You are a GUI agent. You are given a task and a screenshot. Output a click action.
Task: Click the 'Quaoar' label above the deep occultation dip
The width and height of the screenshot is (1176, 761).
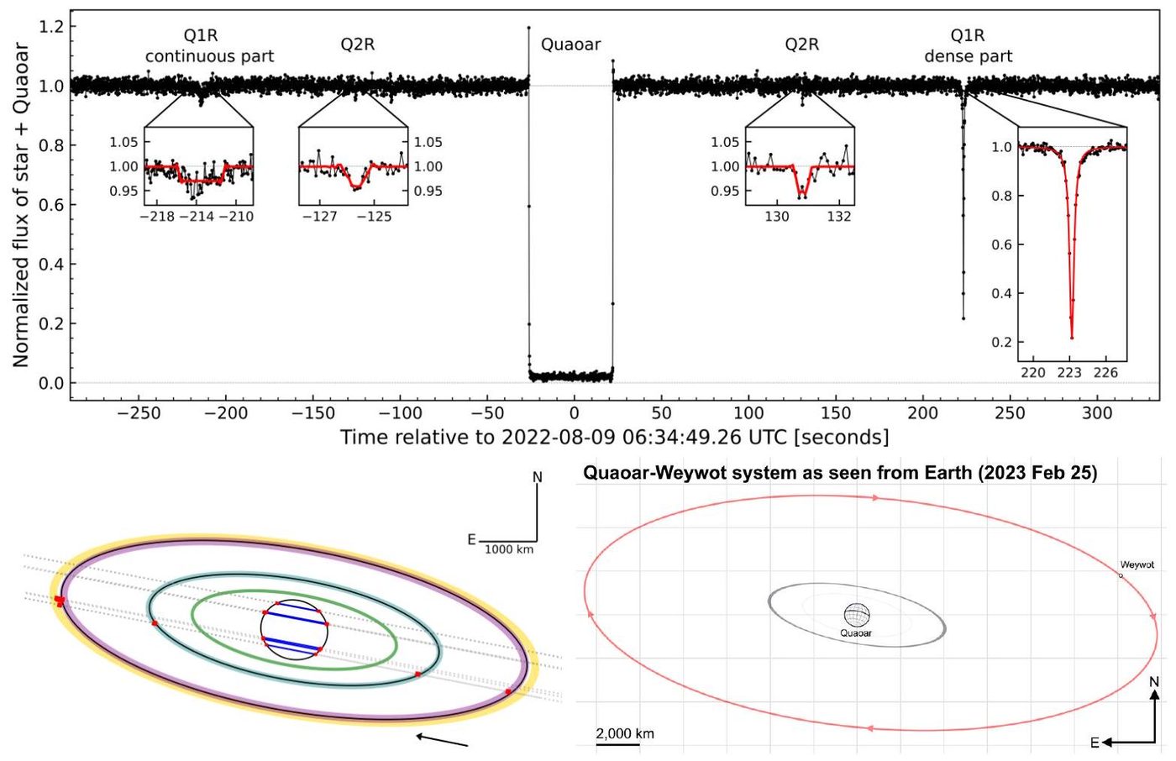tap(570, 45)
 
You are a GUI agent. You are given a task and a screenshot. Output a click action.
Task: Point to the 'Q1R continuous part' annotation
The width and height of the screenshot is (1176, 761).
tap(209, 46)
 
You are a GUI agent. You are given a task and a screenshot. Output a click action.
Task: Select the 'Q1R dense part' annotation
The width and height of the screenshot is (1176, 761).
tap(968, 46)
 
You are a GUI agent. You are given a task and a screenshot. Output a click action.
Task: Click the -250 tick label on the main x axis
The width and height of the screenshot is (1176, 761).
tap(139, 413)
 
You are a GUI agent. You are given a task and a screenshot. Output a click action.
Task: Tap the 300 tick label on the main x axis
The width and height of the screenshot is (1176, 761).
tap(1097, 413)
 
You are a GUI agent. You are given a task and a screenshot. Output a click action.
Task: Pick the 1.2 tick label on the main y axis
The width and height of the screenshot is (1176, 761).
tap(51, 26)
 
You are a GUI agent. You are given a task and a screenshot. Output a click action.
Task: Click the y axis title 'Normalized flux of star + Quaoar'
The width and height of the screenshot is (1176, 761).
tap(20, 206)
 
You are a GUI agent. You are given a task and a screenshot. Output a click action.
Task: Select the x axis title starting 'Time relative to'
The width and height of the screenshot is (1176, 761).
tap(614, 437)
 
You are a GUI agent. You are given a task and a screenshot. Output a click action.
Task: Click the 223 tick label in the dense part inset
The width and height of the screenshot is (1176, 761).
tap(1069, 373)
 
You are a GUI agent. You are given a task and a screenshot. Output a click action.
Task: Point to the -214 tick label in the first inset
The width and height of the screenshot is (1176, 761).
tap(197, 217)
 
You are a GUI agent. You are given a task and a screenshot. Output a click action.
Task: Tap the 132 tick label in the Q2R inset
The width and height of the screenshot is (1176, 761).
tap(839, 217)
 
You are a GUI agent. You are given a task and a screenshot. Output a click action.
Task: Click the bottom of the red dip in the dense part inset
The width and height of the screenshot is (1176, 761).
tap(1072, 338)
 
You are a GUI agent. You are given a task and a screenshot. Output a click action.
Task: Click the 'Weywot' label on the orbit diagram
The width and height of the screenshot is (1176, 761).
tap(1137, 565)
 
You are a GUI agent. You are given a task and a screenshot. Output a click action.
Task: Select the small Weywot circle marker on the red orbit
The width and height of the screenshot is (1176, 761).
tap(1121, 575)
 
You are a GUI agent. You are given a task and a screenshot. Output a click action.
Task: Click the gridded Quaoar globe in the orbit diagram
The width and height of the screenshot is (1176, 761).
tap(857, 615)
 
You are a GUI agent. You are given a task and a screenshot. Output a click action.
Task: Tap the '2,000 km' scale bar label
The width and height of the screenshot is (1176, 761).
tap(625, 734)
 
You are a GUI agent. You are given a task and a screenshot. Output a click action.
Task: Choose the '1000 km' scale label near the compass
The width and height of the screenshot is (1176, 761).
tap(509, 549)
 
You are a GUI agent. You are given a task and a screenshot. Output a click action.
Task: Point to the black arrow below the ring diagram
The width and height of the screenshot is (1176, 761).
tap(442, 740)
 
